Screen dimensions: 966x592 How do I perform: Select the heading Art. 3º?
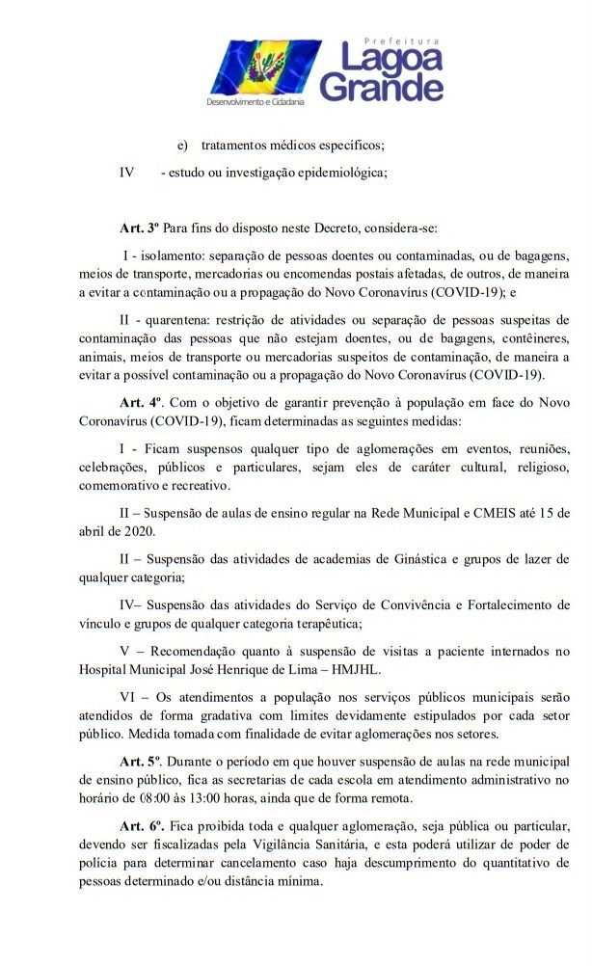tap(139, 229)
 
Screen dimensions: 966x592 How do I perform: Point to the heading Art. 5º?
tap(140, 761)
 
